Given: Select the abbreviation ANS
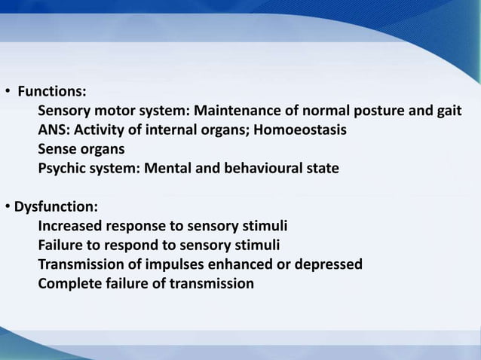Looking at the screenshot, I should (x=53, y=130).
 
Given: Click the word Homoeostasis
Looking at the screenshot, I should (x=301, y=130).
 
